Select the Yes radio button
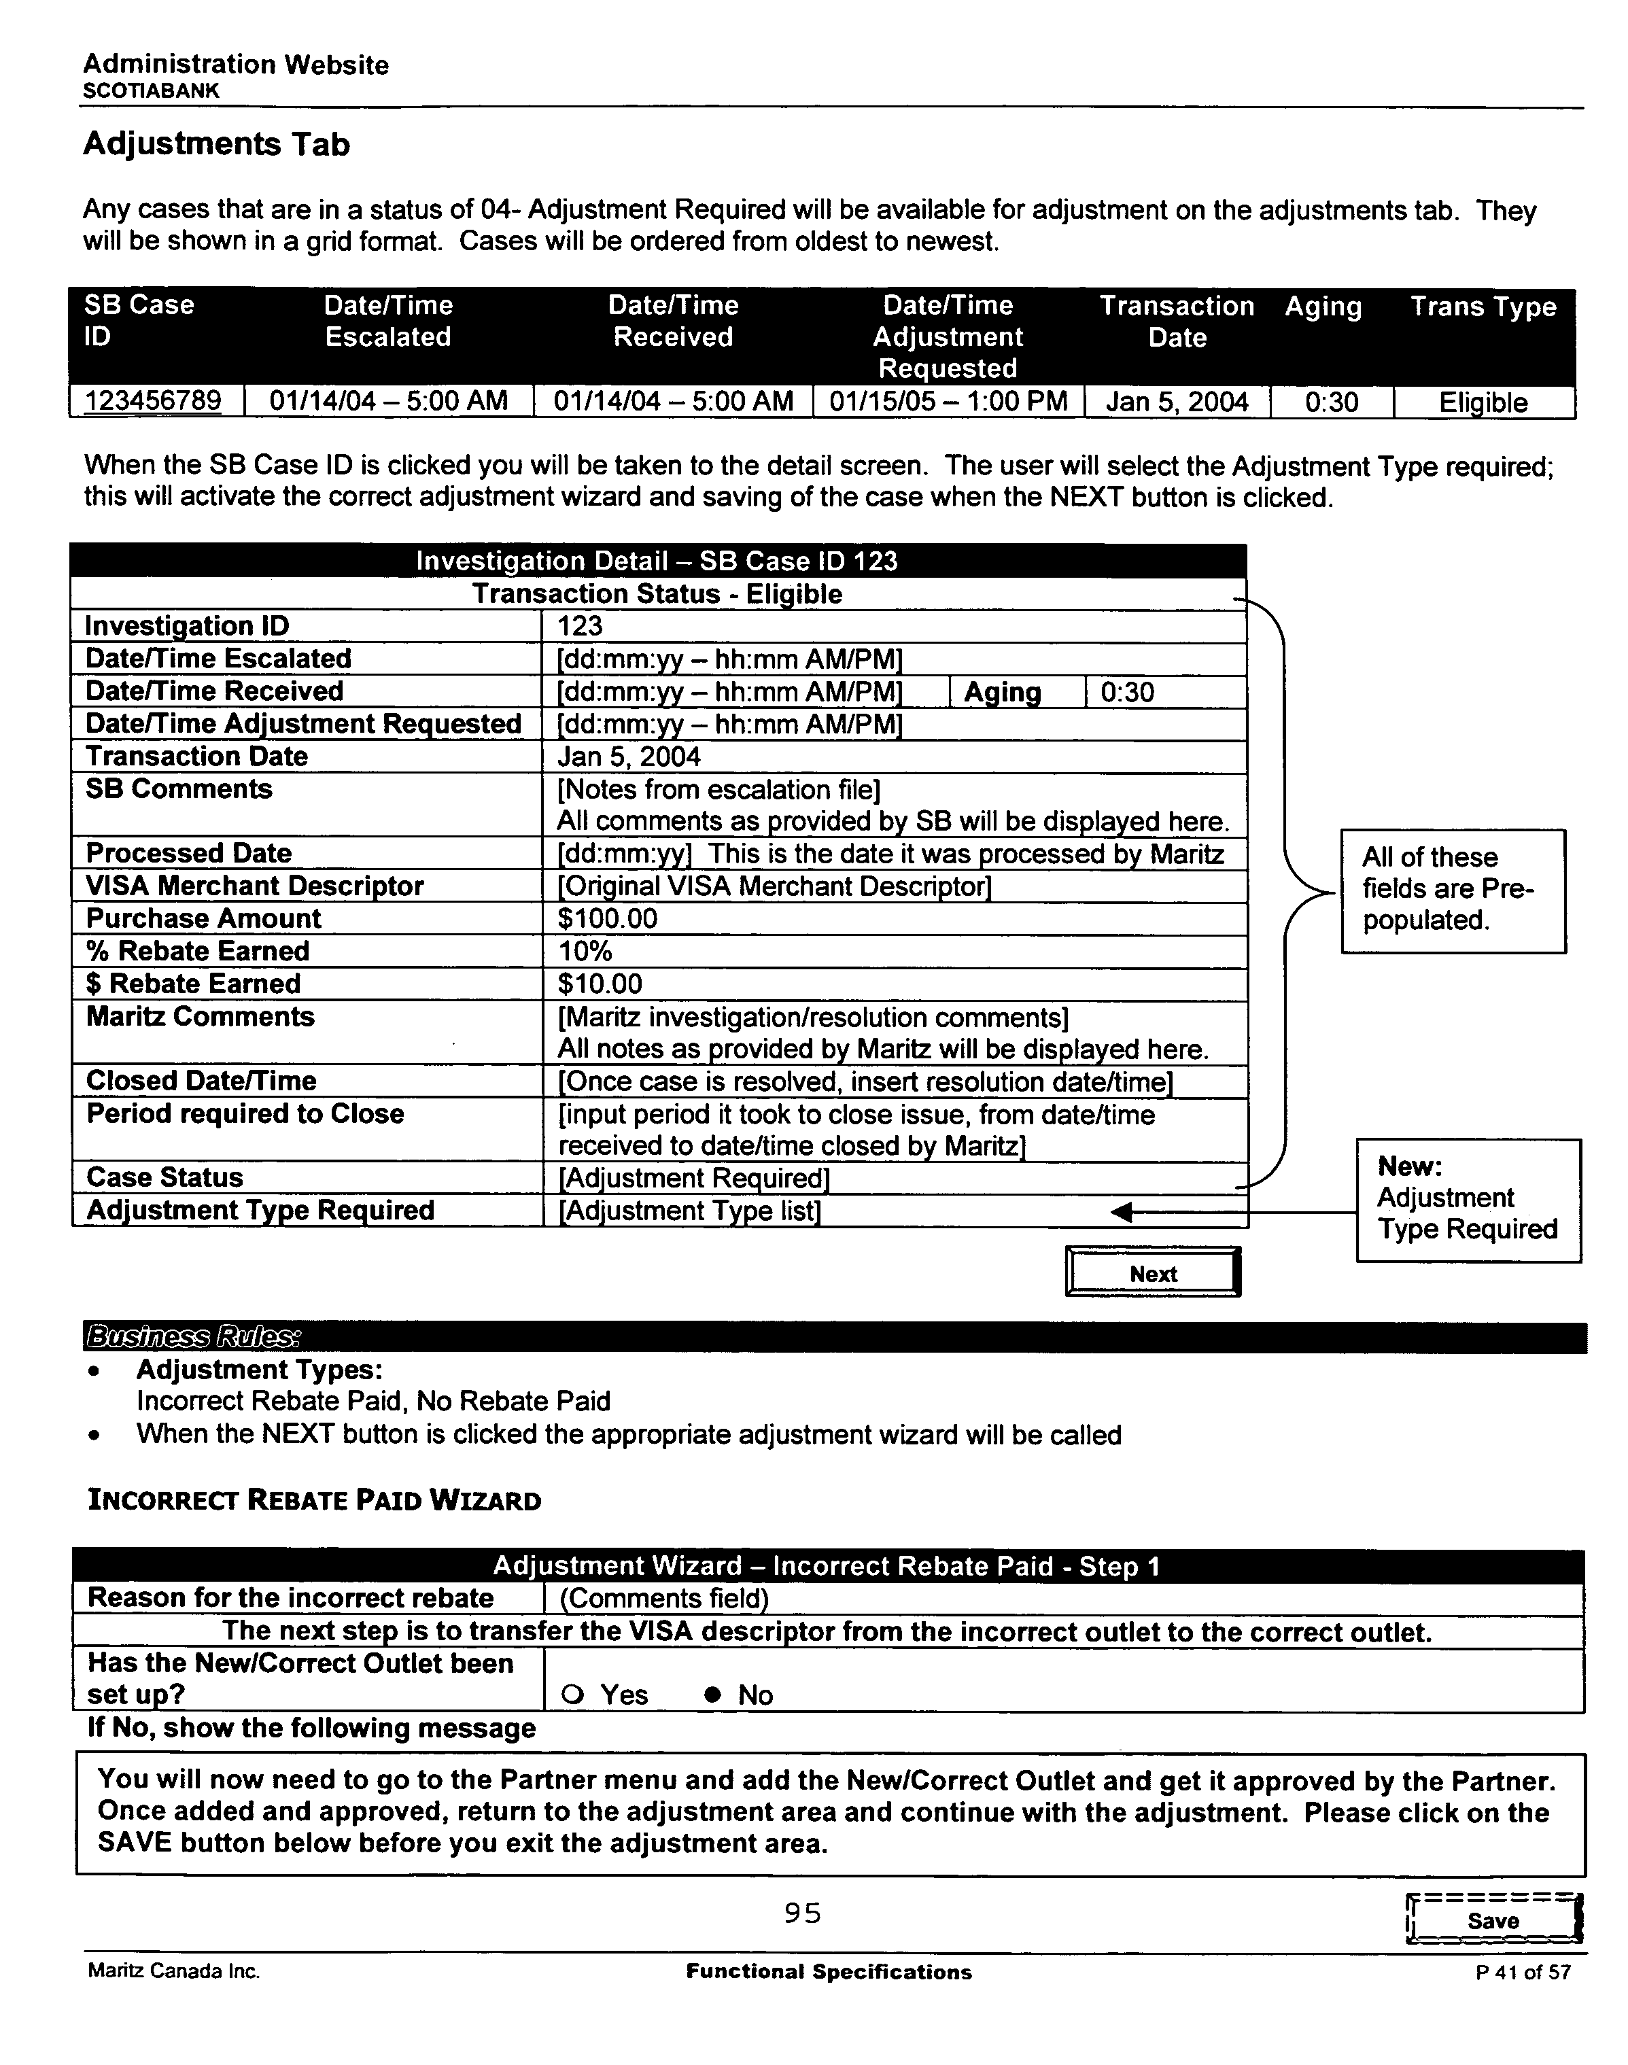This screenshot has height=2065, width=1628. [x=572, y=1695]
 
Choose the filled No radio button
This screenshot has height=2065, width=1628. [x=711, y=1695]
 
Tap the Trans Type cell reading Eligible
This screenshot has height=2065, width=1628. [x=1483, y=402]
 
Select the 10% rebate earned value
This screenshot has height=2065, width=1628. [x=585, y=951]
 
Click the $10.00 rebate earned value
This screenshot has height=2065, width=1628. [x=600, y=984]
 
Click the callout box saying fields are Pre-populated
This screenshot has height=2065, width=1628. [x=1453, y=890]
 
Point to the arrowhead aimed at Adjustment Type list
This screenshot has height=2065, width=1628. [x=1123, y=1212]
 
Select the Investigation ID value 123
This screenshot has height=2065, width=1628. [x=580, y=626]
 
